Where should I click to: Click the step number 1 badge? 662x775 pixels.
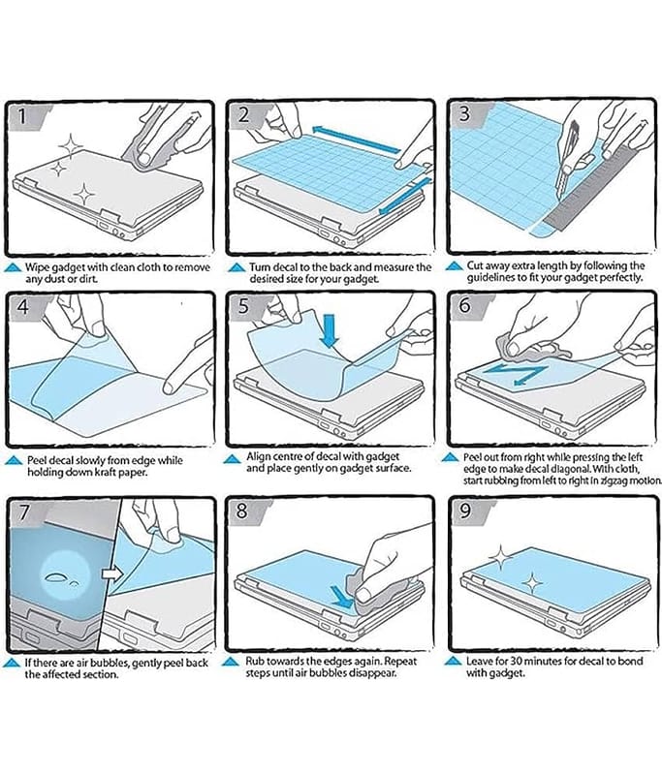pos(21,115)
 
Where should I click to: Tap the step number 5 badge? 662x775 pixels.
pos(243,306)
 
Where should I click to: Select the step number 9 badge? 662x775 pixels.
pos(464,511)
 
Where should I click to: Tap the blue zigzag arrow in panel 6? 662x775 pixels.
pos(515,374)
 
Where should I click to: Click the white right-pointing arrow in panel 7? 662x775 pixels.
pos(111,574)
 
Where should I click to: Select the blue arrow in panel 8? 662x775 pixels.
pos(341,597)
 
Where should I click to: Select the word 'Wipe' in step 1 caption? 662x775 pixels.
pos(38,267)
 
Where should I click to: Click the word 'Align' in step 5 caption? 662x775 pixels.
pos(258,456)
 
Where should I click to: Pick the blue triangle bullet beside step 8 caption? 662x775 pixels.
pos(232,662)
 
